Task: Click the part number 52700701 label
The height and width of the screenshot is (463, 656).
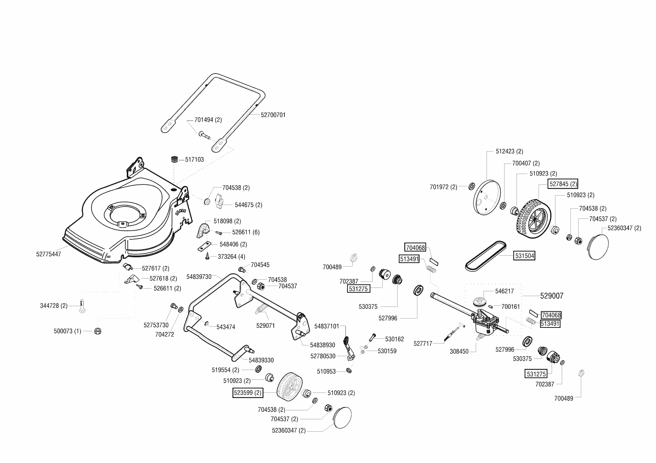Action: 273,115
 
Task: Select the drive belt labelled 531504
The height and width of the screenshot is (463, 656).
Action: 486,255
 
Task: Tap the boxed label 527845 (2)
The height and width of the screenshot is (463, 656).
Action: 563,184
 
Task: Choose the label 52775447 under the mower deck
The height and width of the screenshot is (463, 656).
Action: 49,254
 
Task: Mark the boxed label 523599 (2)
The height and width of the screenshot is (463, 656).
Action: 248,393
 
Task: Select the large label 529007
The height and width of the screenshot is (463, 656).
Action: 552,296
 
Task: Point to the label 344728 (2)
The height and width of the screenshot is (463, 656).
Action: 54,306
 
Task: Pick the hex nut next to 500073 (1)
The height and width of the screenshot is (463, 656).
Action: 98,331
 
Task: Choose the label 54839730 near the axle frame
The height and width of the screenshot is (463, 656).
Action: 199,277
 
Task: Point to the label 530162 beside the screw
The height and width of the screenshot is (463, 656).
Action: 395,339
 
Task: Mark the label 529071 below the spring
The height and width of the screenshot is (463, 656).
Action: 266,326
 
